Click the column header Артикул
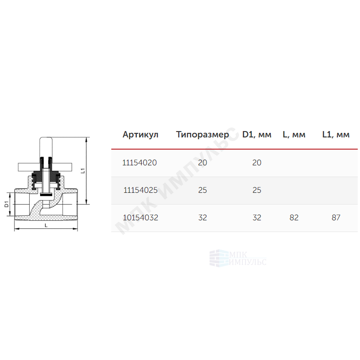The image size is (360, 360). [x=141, y=135]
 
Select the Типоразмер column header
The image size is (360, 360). [x=202, y=135]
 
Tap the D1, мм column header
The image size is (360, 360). [x=257, y=135]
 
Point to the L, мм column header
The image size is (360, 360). [x=294, y=135]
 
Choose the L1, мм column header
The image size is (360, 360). [x=336, y=135]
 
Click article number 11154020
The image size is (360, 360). [x=140, y=163]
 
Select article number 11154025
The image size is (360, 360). [x=141, y=190]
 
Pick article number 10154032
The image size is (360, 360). [x=141, y=218]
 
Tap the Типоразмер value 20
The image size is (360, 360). [x=202, y=163]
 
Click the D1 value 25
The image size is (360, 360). [x=257, y=190]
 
